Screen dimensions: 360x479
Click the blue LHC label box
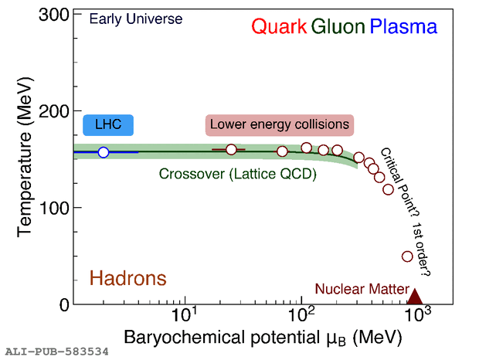107,124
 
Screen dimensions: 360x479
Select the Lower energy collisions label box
279,124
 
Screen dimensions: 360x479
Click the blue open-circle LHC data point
104,152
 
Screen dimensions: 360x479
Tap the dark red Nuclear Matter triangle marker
415,297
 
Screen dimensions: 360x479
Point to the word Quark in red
280,27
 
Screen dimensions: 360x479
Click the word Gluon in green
338,27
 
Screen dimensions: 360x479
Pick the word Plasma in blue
403,27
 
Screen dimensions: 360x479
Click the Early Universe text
136,18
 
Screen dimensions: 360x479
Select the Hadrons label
128,278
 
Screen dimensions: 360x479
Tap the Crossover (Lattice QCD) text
238,174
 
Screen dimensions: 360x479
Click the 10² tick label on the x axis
300,316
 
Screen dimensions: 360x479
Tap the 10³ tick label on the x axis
417,316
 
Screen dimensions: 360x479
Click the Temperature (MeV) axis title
24,159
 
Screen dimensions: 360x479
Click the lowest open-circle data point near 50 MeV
407,256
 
